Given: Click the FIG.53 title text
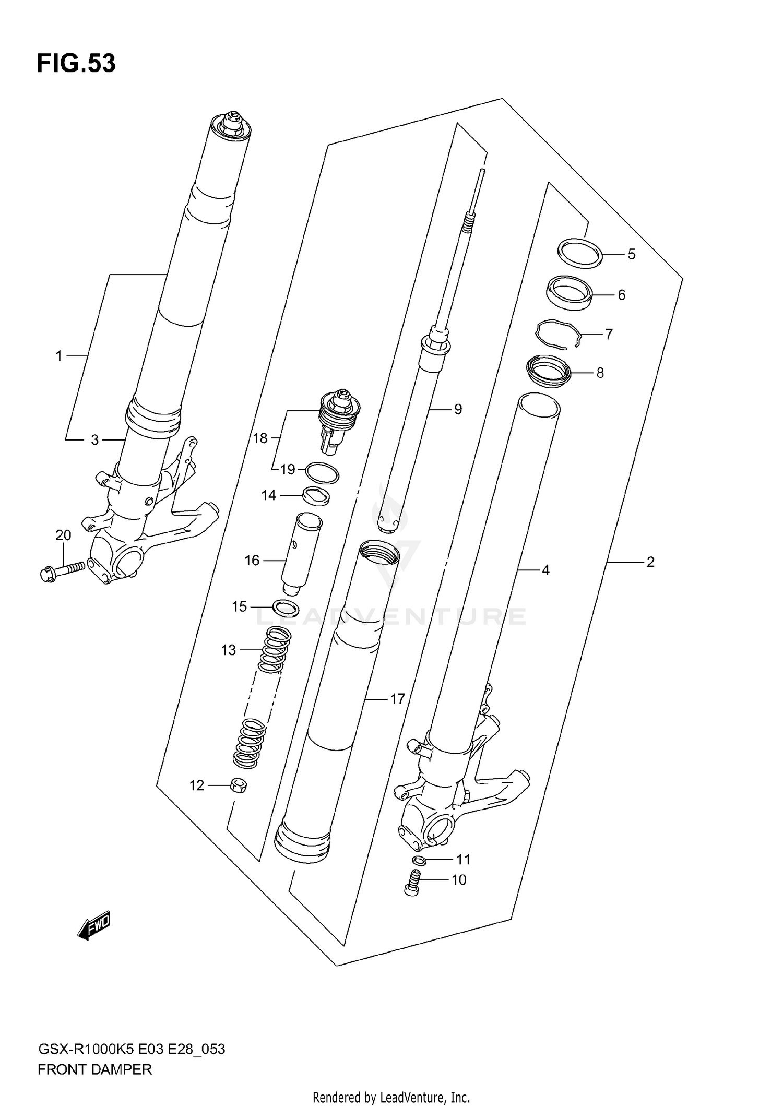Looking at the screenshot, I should (x=76, y=64).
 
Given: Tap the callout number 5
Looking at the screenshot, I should (x=632, y=255).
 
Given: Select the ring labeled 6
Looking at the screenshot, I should (x=570, y=293).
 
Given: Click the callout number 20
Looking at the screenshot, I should (x=63, y=535).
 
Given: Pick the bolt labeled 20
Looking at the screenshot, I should (x=62, y=570).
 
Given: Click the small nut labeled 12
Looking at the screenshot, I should (x=238, y=785).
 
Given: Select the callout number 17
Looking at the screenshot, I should (x=397, y=699).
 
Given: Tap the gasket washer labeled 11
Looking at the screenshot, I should (x=419, y=860).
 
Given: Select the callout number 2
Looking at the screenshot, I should (x=650, y=562).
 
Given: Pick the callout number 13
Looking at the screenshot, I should (x=229, y=650).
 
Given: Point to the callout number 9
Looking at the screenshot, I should (x=458, y=409).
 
